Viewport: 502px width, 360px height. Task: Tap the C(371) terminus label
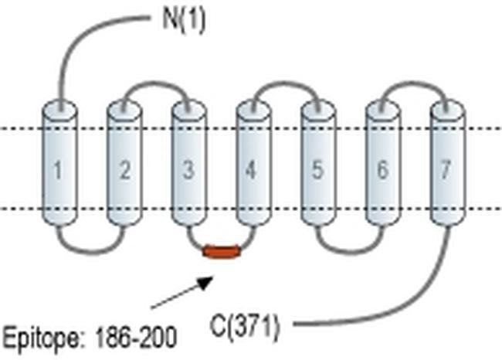245,327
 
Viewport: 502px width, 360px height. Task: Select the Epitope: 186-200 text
90,338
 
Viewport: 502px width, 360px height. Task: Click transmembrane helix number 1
59,168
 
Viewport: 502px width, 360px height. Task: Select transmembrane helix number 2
124,168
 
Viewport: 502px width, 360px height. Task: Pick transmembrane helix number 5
317,168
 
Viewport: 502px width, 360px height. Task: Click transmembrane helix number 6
382,168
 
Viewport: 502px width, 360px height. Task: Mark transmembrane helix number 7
446,168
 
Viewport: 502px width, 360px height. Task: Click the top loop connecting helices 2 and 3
156,81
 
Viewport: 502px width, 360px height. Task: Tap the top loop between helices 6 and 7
414,81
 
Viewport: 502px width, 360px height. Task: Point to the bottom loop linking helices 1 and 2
91,249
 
